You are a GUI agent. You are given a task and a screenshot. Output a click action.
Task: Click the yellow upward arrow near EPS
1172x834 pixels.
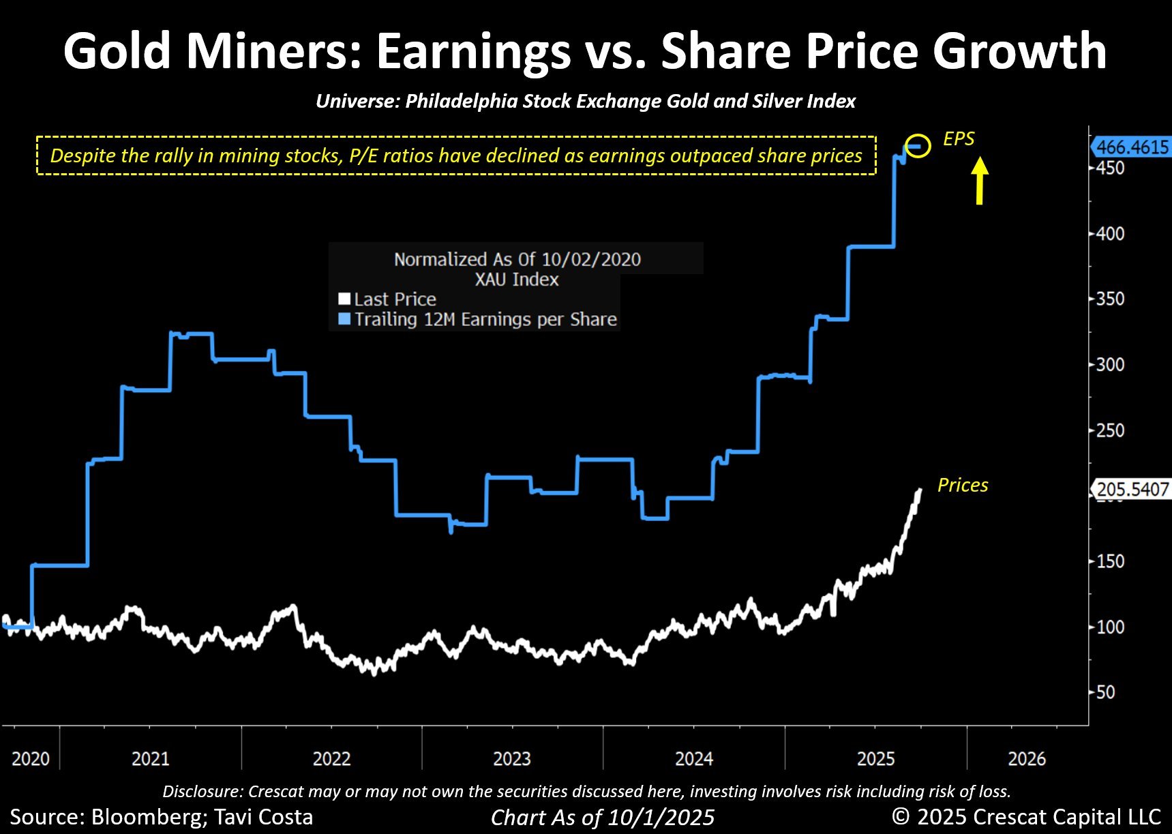(x=979, y=181)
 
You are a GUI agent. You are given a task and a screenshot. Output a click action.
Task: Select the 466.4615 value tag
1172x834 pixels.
(x=1132, y=147)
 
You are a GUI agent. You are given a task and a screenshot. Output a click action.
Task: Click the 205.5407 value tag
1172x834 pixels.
(x=1132, y=489)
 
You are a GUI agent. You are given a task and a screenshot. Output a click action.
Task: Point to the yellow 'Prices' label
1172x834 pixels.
(x=962, y=485)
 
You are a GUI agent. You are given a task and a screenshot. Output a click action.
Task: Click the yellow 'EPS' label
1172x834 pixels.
(x=959, y=139)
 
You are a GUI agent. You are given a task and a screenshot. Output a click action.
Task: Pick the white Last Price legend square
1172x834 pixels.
(x=344, y=299)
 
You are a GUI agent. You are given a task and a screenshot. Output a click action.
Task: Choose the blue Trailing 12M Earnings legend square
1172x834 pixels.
(x=344, y=318)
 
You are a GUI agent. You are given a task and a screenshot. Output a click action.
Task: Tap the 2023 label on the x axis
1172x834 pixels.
(x=512, y=758)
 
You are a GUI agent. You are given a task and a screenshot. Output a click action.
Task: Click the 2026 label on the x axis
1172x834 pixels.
(x=1027, y=758)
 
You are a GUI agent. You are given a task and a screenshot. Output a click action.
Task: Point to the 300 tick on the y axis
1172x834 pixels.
(x=1110, y=364)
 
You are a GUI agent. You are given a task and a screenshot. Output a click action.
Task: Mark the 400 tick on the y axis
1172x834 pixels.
(x=1110, y=233)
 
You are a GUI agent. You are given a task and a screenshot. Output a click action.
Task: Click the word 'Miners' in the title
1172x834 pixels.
(x=276, y=51)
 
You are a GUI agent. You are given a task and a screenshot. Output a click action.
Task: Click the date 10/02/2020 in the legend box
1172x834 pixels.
(x=591, y=259)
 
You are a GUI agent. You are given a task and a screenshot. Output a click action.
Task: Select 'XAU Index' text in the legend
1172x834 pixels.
(x=517, y=279)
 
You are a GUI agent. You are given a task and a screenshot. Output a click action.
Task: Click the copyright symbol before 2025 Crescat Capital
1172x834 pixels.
(x=901, y=816)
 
